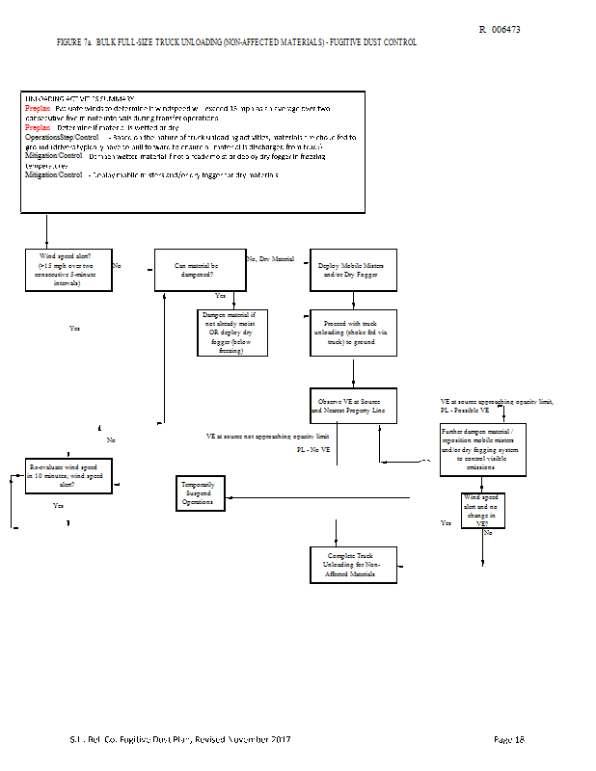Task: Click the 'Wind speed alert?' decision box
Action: pyautogui.click(x=67, y=269)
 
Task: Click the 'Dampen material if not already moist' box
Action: pyautogui.click(x=232, y=332)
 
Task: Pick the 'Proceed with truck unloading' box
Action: pyautogui.click(x=353, y=332)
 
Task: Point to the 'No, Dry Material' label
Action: pyautogui.click(x=271, y=259)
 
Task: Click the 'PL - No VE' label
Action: pyautogui.click(x=313, y=450)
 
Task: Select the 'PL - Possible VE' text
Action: pyautogui.click(x=468, y=411)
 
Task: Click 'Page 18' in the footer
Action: pyautogui.click(x=507, y=739)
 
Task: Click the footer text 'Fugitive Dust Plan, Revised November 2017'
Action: pyautogui.click(x=199, y=739)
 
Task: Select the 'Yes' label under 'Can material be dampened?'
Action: pyautogui.click(x=220, y=296)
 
